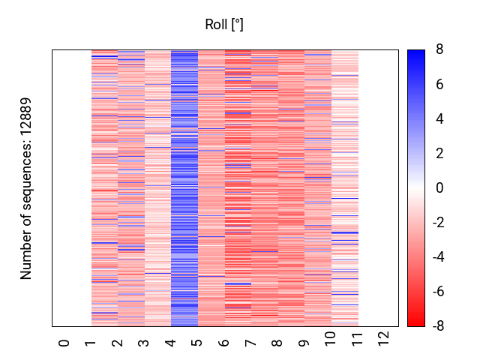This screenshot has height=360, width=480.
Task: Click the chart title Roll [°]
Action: (x=224, y=25)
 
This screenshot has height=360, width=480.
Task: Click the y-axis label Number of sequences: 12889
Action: (x=26, y=188)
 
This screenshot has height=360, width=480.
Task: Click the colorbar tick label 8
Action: (x=439, y=50)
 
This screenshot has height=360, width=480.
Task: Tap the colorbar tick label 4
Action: (x=439, y=119)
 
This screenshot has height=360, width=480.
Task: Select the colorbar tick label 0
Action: (x=439, y=188)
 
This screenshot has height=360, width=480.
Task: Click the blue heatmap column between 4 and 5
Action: (x=184, y=187)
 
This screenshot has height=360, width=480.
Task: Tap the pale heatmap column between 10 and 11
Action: (x=344, y=187)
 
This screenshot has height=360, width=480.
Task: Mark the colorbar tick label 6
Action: (x=439, y=85)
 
